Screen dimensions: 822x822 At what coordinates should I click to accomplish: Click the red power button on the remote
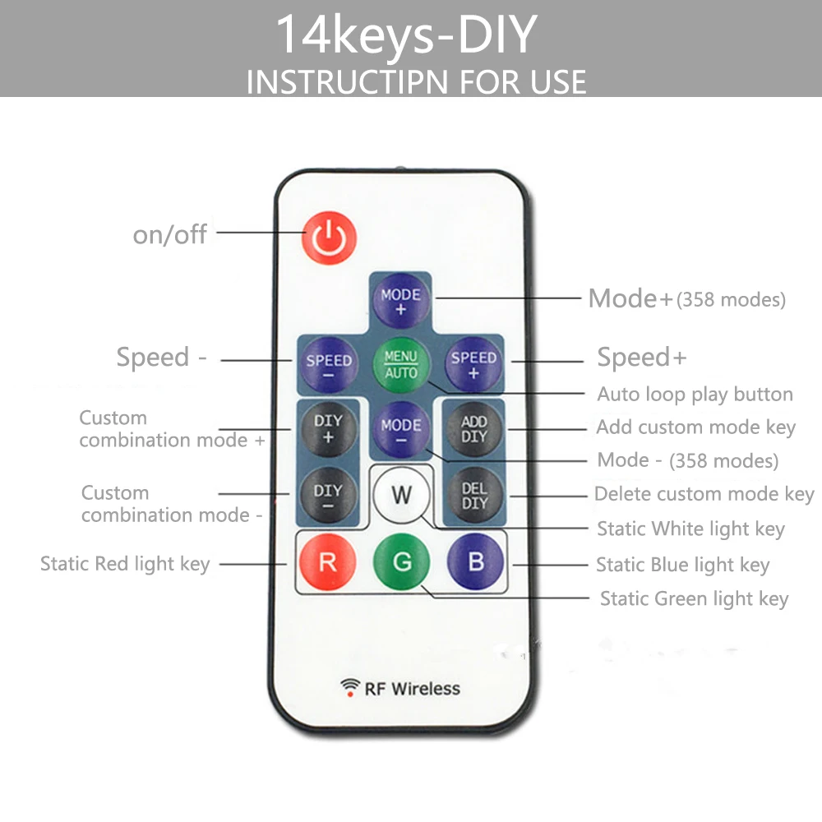(x=329, y=238)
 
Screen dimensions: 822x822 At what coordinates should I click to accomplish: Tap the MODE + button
(x=400, y=302)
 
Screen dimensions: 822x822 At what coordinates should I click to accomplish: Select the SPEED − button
(x=329, y=366)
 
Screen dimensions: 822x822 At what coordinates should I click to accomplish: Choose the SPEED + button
(x=473, y=365)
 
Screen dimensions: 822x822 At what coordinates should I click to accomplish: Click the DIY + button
(x=328, y=428)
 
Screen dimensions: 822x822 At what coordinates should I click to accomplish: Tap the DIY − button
(x=328, y=496)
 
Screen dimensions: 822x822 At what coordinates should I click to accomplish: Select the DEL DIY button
(x=474, y=496)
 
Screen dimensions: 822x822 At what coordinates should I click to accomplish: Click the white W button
(x=401, y=495)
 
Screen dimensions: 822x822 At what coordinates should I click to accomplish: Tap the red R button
(x=327, y=563)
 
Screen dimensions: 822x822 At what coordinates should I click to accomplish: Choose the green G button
(x=401, y=563)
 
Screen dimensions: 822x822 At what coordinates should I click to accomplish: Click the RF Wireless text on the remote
(x=412, y=689)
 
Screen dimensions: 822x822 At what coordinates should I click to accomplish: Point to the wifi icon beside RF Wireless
(x=351, y=687)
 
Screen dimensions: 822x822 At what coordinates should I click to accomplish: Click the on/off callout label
(x=170, y=234)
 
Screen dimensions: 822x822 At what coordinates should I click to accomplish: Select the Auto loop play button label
(x=695, y=394)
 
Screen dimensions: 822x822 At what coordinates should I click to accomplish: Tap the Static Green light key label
(x=694, y=598)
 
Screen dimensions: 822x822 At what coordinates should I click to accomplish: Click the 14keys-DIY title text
(x=406, y=35)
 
